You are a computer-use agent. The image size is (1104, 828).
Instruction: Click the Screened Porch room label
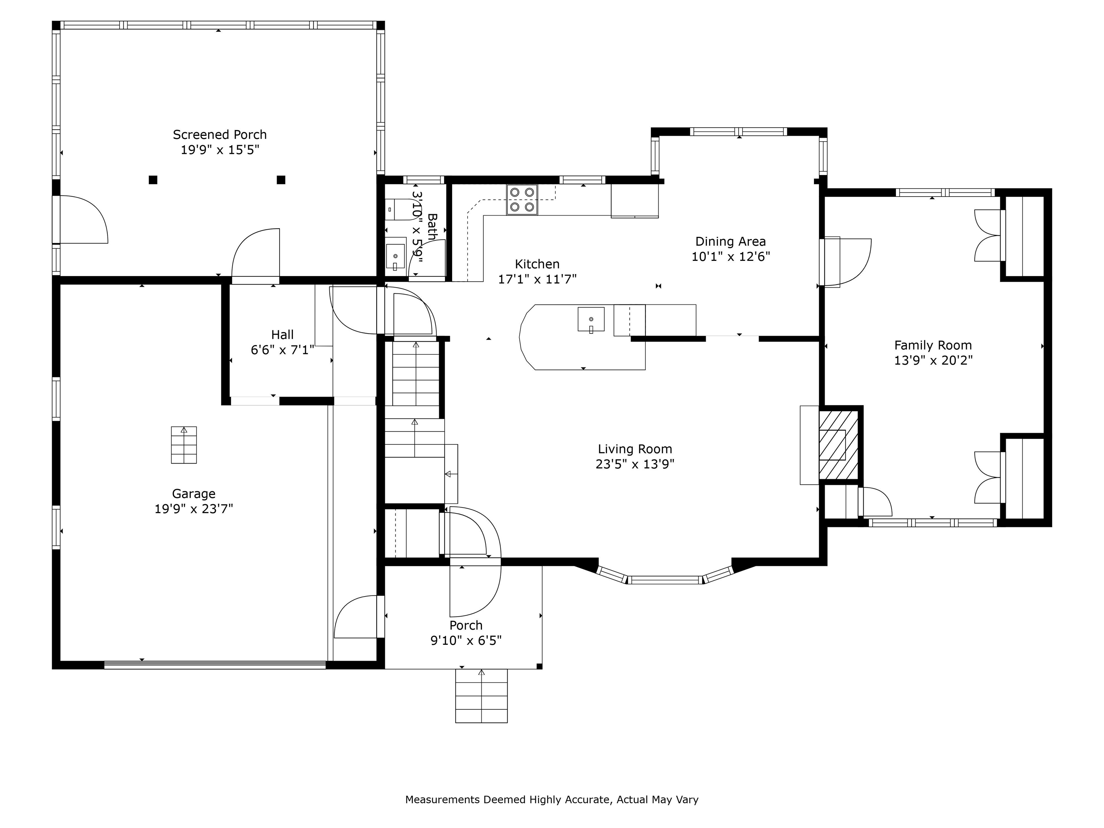(x=220, y=135)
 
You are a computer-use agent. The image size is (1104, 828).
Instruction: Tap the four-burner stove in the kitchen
(x=522, y=200)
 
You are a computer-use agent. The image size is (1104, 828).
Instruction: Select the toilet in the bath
(x=397, y=210)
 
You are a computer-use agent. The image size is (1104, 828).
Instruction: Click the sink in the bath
(x=395, y=256)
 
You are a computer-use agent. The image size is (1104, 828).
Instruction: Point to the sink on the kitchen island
(x=591, y=319)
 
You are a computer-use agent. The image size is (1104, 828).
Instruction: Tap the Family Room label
(x=933, y=345)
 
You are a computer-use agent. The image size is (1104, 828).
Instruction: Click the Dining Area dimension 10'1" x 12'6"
(x=731, y=257)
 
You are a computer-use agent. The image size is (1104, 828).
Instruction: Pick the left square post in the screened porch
(x=153, y=180)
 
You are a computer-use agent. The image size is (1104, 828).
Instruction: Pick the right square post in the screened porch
(x=281, y=180)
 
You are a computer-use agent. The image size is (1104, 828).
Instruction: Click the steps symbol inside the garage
(x=184, y=445)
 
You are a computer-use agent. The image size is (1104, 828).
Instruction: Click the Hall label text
(x=282, y=334)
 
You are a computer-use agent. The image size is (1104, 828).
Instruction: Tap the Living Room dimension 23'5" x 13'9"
(x=635, y=464)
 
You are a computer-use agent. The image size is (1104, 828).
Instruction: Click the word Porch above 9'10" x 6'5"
(x=466, y=625)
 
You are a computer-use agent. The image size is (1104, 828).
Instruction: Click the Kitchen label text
(x=537, y=264)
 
